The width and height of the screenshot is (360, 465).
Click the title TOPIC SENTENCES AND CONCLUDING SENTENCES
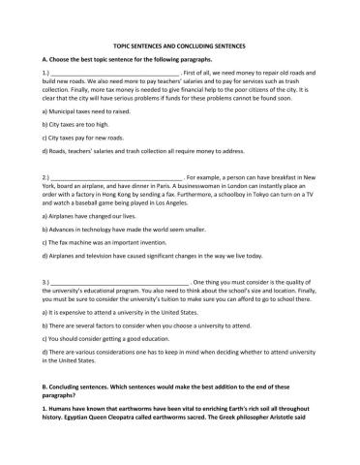pyautogui.click(x=179, y=46)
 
